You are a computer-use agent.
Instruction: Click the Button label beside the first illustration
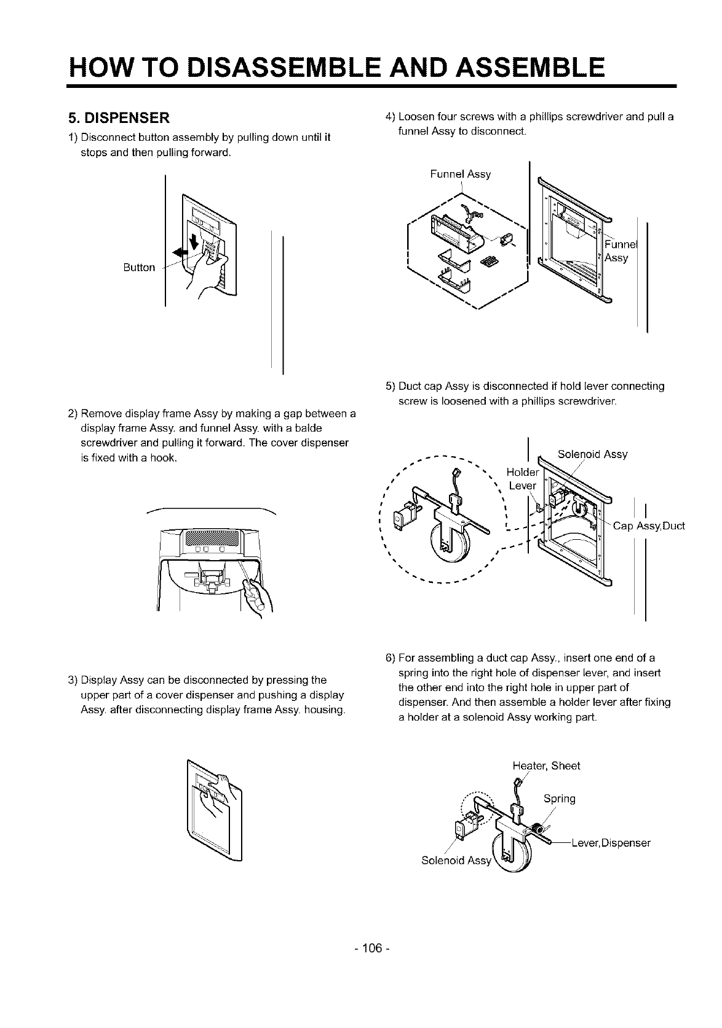138,267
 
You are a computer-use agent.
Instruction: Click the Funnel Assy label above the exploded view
460,174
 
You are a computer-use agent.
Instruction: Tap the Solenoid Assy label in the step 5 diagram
592,454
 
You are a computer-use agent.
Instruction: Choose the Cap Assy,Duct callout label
649,526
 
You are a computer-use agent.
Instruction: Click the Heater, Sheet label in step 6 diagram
545,765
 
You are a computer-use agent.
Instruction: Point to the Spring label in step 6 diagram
559,799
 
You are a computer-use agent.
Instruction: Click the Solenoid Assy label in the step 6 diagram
456,860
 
